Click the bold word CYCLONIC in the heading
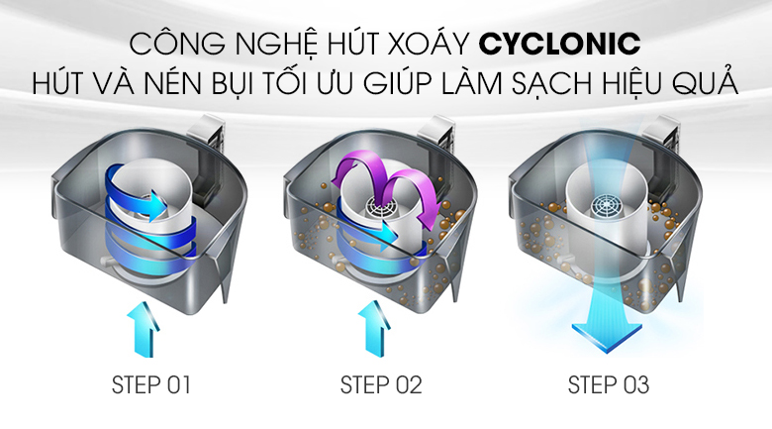point(559,44)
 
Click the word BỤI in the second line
point(233,84)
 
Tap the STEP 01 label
point(150,385)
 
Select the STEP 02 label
point(381,385)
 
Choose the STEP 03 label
point(609,385)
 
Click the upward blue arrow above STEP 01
point(144,329)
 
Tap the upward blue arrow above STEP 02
point(375,329)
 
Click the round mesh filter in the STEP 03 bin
point(607,209)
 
